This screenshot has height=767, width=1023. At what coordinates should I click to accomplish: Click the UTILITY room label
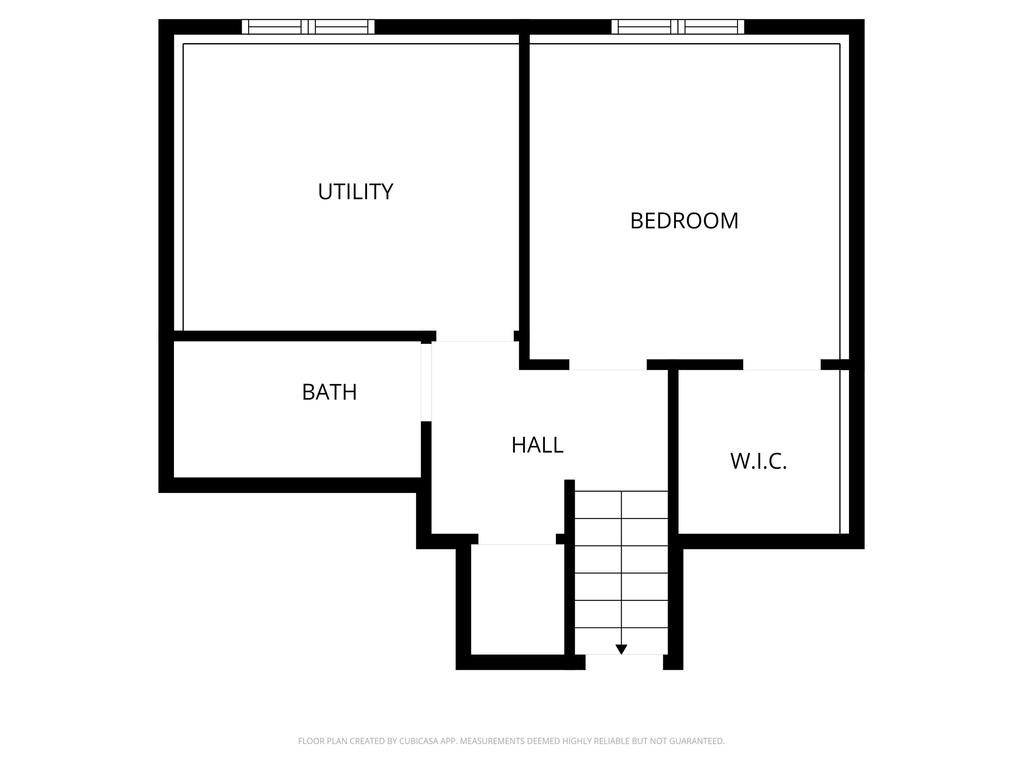click(x=355, y=192)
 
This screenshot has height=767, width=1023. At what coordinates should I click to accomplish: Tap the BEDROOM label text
click(x=684, y=221)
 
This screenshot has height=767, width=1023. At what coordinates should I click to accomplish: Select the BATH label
click(x=329, y=392)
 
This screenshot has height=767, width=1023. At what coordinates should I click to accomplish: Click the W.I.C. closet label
click(x=759, y=461)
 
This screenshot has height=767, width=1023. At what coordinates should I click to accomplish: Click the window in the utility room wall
click(x=308, y=27)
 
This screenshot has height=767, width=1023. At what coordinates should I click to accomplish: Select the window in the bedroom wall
click(x=678, y=27)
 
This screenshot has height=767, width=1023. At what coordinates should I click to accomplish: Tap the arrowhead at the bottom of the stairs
click(x=621, y=649)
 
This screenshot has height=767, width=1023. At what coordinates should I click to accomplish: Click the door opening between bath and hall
click(x=426, y=382)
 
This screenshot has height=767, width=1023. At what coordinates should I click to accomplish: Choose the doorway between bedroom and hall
click(x=608, y=365)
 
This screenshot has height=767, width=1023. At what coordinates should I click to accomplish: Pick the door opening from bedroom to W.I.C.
click(x=782, y=365)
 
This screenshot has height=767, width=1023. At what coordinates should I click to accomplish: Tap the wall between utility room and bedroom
click(x=524, y=185)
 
